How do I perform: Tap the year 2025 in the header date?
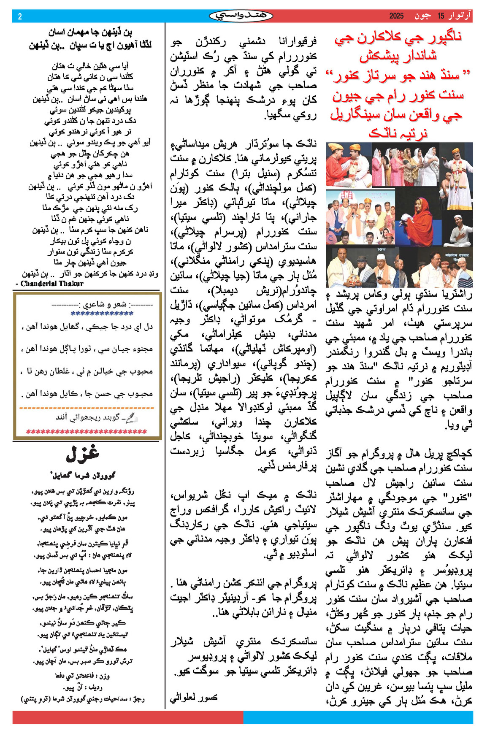[397, 16]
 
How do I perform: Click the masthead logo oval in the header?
[241, 16]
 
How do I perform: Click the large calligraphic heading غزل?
[82, 454]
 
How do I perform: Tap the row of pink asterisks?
[87, 432]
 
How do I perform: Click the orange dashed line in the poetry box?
[87, 408]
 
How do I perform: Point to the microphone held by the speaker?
[354, 214]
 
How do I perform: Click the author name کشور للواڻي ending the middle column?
[194, 697]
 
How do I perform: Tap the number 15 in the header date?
[441, 16]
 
